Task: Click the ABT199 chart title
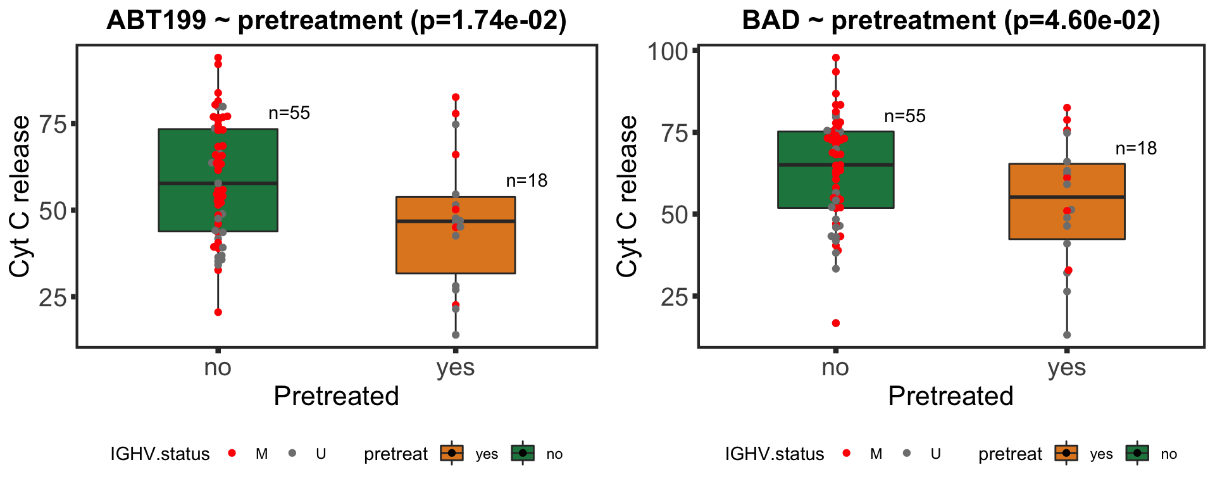coord(336,20)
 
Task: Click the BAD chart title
coord(950,20)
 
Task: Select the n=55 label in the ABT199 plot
coord(289,113)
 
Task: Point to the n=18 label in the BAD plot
coord(1136,149)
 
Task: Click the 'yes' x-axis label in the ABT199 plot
coord(456,368)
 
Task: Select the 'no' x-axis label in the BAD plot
coord(835,368)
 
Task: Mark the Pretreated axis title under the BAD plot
coord(950,396)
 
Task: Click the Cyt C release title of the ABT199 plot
coord(20,196)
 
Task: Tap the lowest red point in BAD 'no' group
coord(836,323)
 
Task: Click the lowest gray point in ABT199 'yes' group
coord(456,335)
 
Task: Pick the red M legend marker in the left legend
coord(232,453)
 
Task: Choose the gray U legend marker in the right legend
coord(907,453)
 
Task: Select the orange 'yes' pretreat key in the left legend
coord(451,453)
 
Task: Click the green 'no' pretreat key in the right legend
coord(1137,453)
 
